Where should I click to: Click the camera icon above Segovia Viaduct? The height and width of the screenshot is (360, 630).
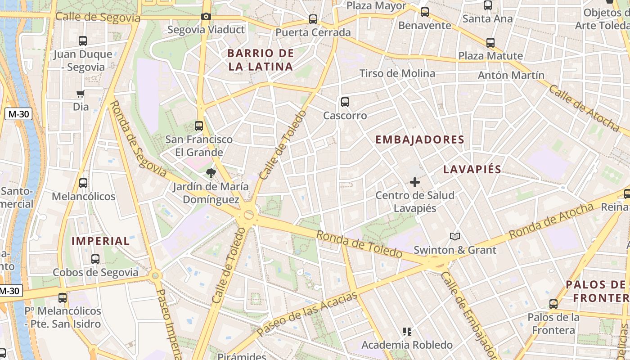(x=206, y=17)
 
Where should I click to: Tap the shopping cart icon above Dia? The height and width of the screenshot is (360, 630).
(x=81, y=94)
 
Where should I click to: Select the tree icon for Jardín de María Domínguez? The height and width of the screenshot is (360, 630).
(x=211, y=173)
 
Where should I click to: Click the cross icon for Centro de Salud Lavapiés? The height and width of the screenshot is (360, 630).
(x=414, y=182)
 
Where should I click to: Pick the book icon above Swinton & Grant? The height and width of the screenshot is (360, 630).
(x=455, y=236)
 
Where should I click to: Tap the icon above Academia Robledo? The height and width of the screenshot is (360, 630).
(x=407, y=332)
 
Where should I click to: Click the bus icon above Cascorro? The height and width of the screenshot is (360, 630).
(x=345, y=102)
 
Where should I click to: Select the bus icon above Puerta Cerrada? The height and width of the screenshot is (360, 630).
(x=313, y=19)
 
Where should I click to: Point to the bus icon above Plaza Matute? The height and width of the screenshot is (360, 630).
(x=490, y=43)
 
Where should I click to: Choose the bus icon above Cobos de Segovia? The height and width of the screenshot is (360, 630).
(x=95, y=259)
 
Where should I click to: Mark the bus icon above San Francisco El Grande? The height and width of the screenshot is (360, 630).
(x=199, y=126)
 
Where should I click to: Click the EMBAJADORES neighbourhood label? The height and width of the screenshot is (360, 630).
(x=420, y=139)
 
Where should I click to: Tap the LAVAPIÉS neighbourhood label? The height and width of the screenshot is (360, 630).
(x=472, y=169)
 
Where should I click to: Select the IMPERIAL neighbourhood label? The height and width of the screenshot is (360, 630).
(x=101, y=241)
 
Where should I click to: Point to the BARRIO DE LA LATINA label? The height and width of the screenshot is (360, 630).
(x=261, y=60)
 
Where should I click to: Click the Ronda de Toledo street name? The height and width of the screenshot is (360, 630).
(x=359, y=244)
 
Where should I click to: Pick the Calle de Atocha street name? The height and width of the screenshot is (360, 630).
(x=584, y=108)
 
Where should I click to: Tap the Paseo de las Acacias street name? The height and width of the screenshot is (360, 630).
(x=308, y=314)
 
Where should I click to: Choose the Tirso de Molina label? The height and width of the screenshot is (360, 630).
(x=397, y=73)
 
